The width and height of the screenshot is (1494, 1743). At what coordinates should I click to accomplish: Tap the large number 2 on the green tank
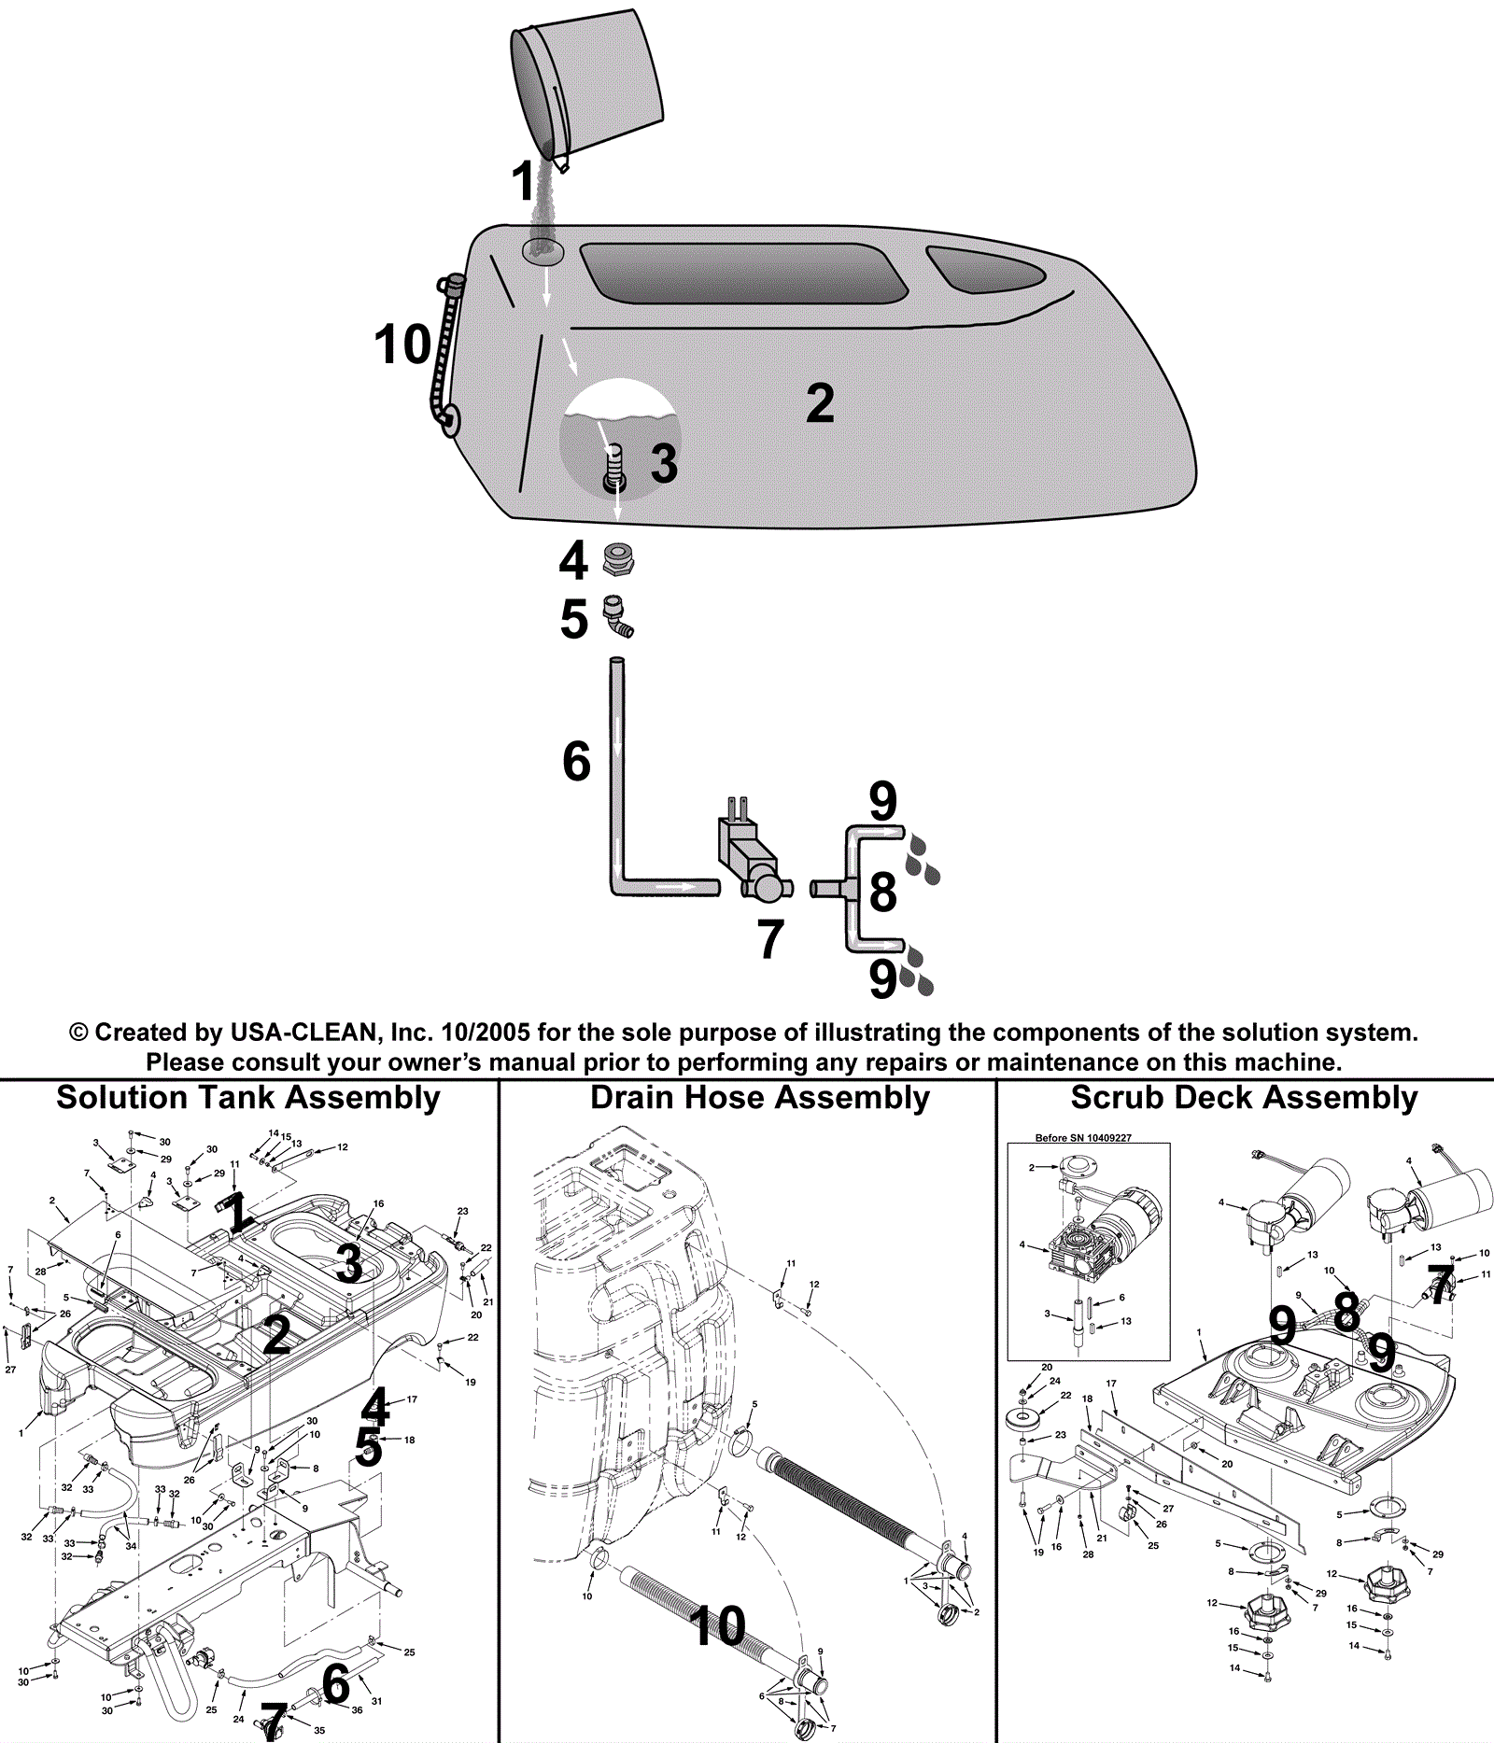coord(820,403)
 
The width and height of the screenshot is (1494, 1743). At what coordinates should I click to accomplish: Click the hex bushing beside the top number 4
coord(618,559)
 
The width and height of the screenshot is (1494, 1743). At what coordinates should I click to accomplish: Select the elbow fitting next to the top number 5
coord(617,616)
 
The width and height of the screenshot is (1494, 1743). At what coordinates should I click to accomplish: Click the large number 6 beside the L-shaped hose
coord(576,762)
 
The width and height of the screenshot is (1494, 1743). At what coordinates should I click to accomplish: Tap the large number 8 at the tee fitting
coord(882,892)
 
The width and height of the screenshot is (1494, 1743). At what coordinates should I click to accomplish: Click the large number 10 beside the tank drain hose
coord(402,344)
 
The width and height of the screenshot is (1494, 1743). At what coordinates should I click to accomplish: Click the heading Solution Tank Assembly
coord(247,1098)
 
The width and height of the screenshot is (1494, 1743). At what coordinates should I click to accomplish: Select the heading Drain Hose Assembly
coord(760,1098)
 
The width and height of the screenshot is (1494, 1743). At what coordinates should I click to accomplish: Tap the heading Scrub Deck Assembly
coord(1244,1098)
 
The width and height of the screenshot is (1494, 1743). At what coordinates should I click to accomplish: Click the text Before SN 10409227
coord(1089,1138)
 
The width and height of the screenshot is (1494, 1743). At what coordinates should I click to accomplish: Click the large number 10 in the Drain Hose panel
coord(718,1625)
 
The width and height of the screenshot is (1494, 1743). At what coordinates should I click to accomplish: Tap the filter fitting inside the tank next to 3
coord(613,467)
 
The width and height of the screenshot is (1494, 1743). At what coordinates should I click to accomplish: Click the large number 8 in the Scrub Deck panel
coord(1346,1312)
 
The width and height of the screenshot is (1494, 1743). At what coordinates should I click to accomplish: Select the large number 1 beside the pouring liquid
coord(524,181)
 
